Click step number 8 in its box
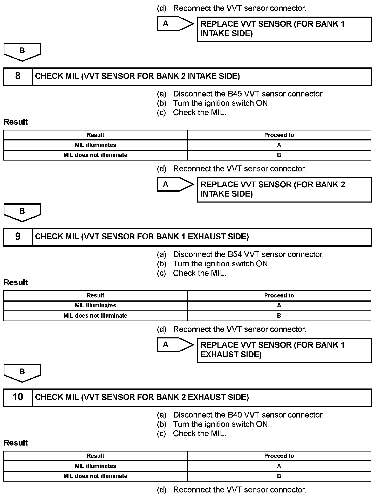18,76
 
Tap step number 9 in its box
18,237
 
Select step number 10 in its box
18,397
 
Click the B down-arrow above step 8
22,52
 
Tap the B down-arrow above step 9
22,212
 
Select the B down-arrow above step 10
22,373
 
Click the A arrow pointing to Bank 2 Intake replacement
175,184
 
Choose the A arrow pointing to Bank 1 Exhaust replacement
175,345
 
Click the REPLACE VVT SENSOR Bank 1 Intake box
284,29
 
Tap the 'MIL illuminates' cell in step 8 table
95,145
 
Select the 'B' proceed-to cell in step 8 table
279,155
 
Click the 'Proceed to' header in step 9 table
279,295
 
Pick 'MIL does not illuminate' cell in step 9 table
95,316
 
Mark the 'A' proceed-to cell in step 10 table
279,466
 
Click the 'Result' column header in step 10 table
95,456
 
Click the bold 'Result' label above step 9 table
16,282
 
